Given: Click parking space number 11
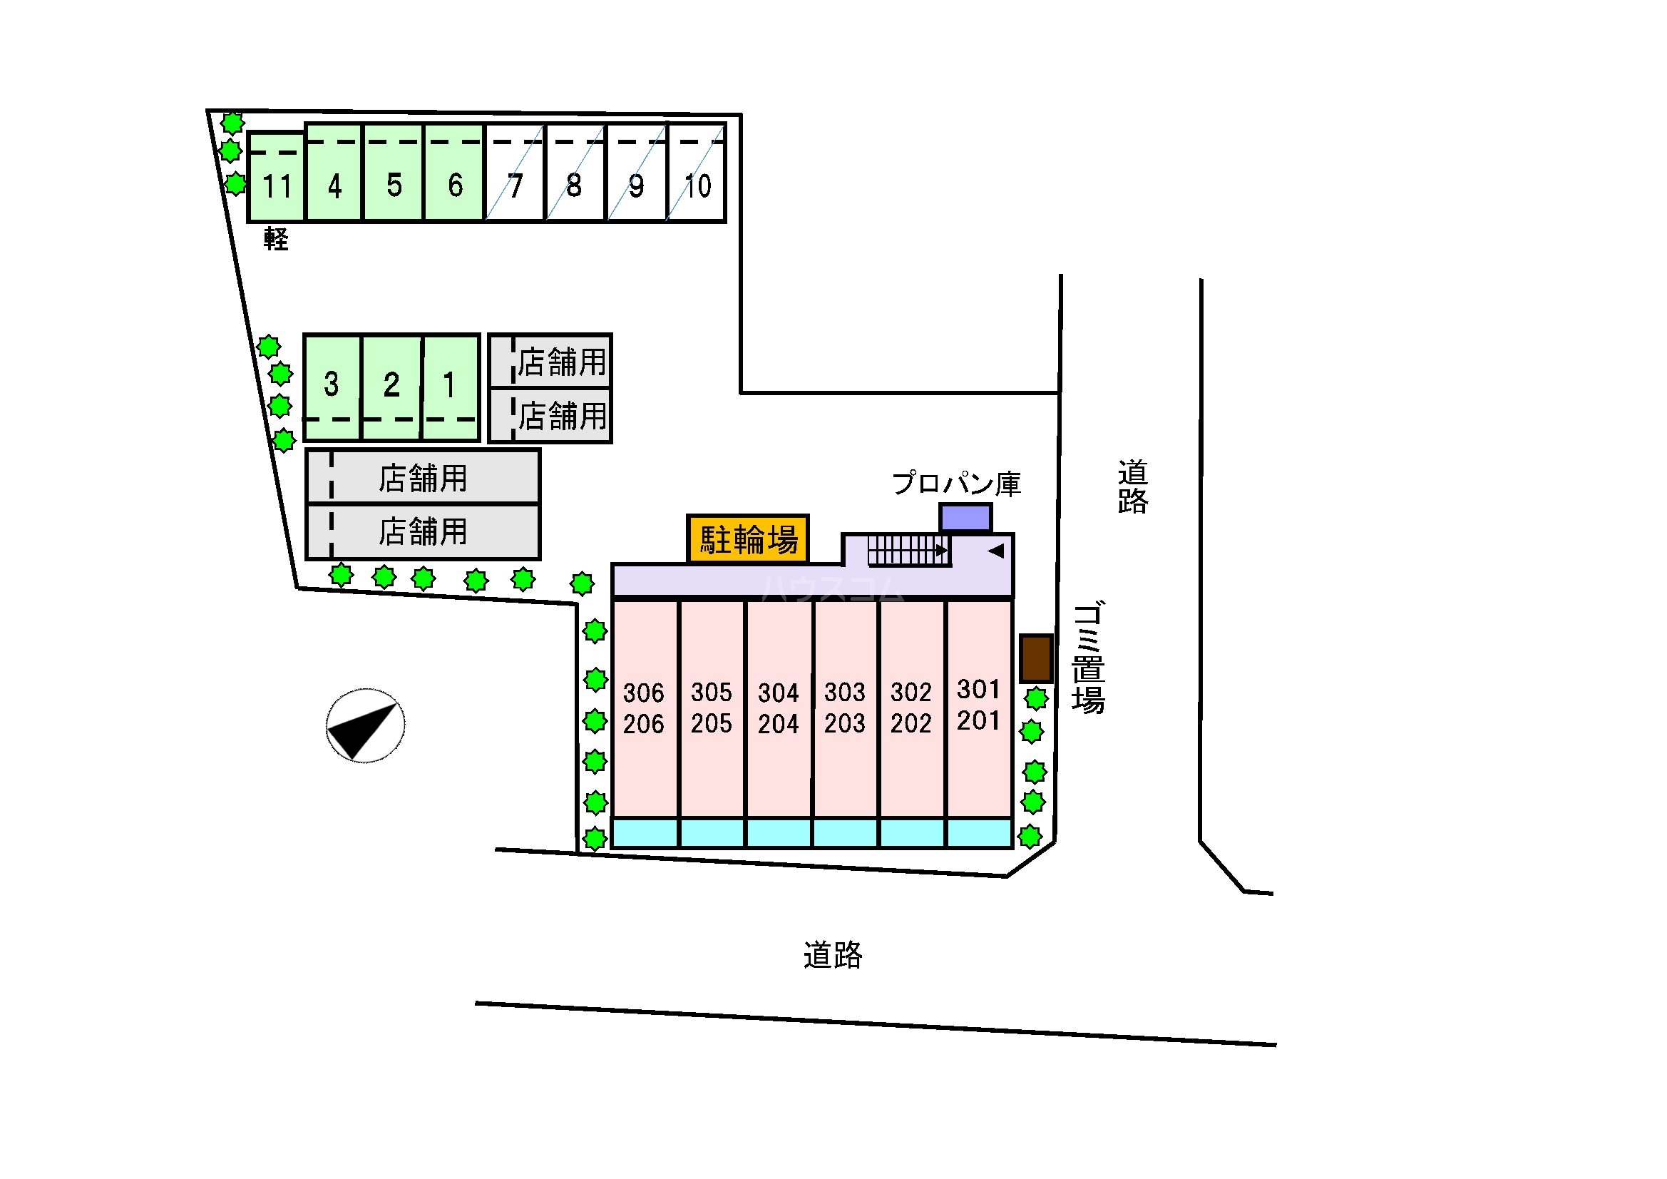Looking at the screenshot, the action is click(276, 176).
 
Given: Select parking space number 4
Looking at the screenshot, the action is click(334, 172).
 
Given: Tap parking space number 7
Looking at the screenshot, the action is click(515, 172).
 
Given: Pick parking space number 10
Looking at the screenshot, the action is click(697, 172).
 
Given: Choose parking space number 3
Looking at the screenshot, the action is click(332, 387).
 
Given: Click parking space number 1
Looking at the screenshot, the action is click(451, 387).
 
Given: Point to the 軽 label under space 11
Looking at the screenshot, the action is click(276, 238).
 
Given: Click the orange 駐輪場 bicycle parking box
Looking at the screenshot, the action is click(748, 539).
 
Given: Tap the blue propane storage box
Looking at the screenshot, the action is click(965, 518).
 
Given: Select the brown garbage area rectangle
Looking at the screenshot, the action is click(1036, 658).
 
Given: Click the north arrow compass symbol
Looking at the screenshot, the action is click(365, 725).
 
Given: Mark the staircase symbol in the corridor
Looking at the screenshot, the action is click(908, 550).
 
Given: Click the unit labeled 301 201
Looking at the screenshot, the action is click(980, 708).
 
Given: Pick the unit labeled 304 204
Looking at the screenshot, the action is click(779, 708).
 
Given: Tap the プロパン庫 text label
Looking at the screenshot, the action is click(956, 483).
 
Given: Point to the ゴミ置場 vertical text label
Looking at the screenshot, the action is click(1088, 658).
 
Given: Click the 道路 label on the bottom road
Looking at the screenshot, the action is click(833, 955).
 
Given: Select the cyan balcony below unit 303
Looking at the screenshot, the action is click(846, 833).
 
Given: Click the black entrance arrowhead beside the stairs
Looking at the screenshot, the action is click(996, 551).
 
